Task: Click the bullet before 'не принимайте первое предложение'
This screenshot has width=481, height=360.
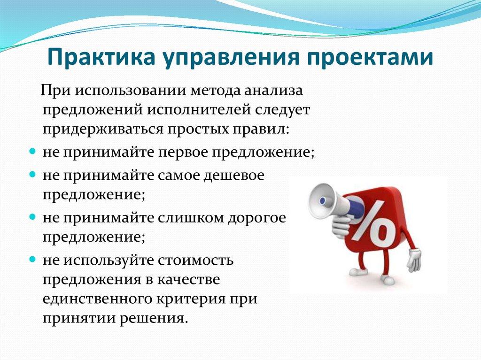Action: [x=32, y=152]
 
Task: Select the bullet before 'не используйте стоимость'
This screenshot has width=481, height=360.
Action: [x=32, y=259]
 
